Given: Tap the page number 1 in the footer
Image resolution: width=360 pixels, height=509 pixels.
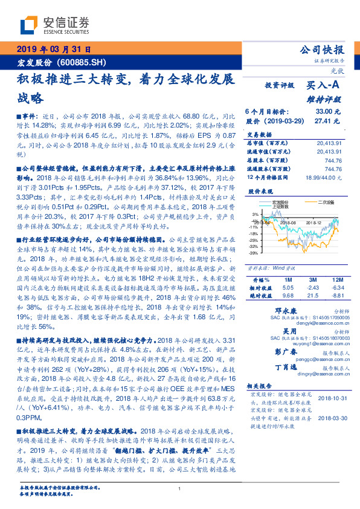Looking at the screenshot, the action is (x=179, y=489).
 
